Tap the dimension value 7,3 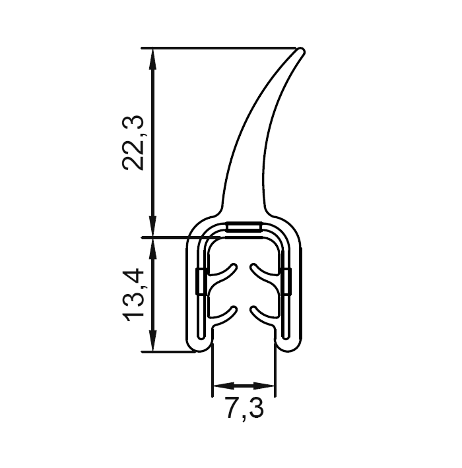tap(244, 409)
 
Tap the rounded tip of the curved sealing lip tap(302, 51)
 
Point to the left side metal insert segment tap(201, 282)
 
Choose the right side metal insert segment tap(286, 282)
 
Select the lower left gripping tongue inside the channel tap(223, 312)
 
